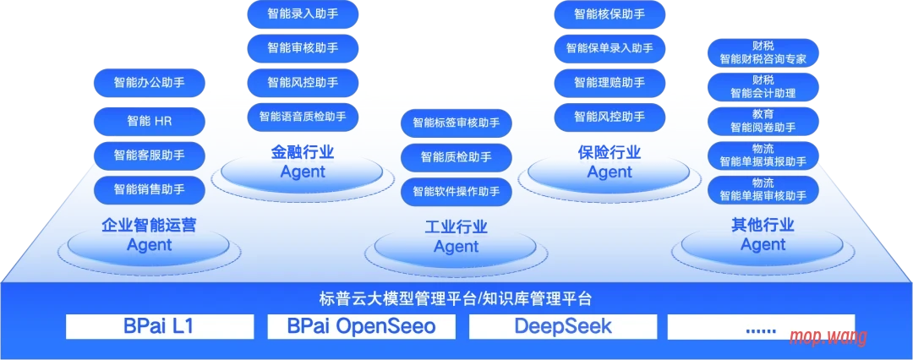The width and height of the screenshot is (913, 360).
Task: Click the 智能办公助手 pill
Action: click(x=150, y=83)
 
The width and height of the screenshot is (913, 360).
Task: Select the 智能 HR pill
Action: click(x=150, y=120)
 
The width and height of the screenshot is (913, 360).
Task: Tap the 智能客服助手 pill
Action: click(x=150, y=155)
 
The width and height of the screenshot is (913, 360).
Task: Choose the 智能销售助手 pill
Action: click(x=150, y=189)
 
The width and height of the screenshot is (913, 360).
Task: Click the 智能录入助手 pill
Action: click(x=303, y=14)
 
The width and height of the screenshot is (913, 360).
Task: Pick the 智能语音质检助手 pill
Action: click(x=303, y=116)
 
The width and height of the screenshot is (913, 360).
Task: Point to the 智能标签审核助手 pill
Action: click(x=456, y=123)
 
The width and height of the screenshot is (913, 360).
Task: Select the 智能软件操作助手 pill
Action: click(x=456, y=191)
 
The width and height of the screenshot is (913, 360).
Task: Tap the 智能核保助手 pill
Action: click(x=610, y=14)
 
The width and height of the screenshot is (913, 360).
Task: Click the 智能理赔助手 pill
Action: click(x=610, y=82)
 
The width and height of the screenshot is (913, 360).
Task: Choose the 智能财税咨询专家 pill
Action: click(x=763, y=52)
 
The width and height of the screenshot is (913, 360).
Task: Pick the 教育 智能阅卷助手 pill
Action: click(x=763, y=121)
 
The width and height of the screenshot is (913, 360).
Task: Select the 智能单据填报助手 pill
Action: click(x=763, y=155)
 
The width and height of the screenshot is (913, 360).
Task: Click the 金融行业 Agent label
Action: click(x=303, y=162)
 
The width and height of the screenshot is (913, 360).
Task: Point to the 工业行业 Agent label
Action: click(x=456, y=237)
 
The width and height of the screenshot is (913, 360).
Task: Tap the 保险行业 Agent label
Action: click(x=610, y=162)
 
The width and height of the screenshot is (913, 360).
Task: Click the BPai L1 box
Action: click(x=159, y=326)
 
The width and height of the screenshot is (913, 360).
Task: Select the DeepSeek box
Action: click(x=563, y=326)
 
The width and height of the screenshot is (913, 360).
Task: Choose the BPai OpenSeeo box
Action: click(x=361, y=326)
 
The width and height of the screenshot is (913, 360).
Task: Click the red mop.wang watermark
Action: click(x=828, y=336)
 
